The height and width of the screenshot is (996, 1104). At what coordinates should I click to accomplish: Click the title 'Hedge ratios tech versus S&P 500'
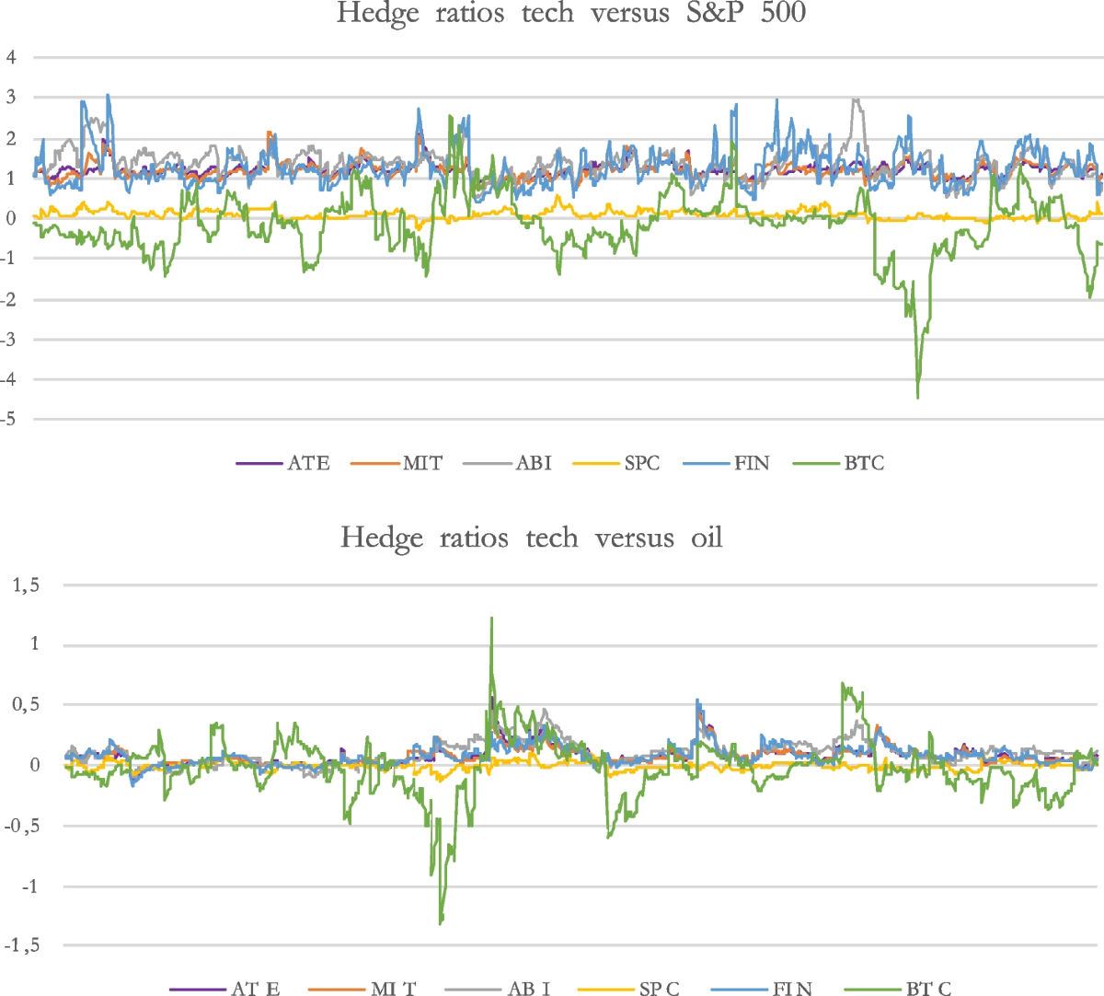point(570,14)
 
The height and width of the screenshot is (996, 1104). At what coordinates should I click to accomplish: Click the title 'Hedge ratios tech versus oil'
point(531,538)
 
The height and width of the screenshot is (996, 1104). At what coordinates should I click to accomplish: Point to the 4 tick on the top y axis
point(11,57)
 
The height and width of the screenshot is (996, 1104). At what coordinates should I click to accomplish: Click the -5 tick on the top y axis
point(9,420)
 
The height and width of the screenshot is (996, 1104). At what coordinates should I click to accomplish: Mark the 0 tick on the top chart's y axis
point(11,218)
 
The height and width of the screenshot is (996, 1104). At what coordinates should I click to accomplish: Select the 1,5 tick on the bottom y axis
point(25,585)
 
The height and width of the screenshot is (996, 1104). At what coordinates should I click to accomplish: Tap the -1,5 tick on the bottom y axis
point(22,945)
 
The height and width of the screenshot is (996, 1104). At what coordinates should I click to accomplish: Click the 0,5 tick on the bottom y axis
point(25,705)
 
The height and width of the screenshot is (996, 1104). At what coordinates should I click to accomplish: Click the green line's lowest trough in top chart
point(917,397)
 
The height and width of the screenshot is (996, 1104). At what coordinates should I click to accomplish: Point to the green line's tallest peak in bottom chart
point(491,619)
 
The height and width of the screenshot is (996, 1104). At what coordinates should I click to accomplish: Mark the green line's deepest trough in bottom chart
point(441,922)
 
